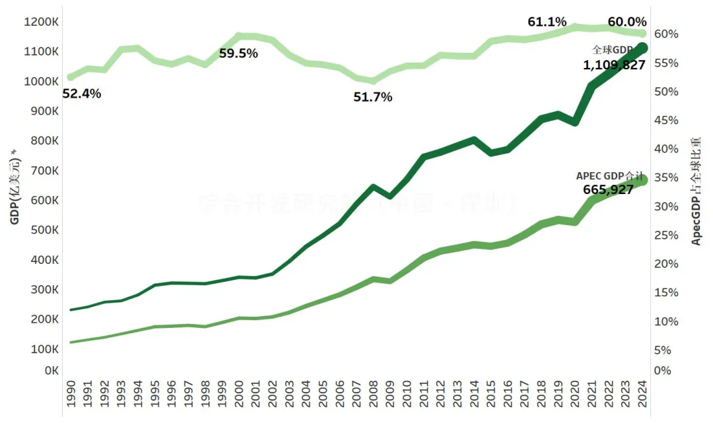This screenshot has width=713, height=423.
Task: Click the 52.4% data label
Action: [x=82, y=94]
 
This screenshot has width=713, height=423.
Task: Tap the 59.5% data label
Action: [x=238, y=53]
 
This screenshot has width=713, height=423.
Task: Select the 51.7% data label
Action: [x=373, y=97]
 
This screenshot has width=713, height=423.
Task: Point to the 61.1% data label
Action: [x=547, y=22]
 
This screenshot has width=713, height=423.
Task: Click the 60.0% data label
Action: [x=627, y=22]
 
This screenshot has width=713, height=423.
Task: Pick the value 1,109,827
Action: [x=614, y=65]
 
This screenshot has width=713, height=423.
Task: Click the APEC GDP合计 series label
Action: [x=609, y=176]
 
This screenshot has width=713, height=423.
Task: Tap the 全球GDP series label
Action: [x=612, y=49]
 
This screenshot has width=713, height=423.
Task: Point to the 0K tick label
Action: [x=52, y=370]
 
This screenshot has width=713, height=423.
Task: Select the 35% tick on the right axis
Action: [x=667, y=178]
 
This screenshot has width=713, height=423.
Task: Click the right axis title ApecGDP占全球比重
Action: [x=696, y=191]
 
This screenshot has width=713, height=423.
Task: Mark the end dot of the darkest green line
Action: [x=642, y=48]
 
